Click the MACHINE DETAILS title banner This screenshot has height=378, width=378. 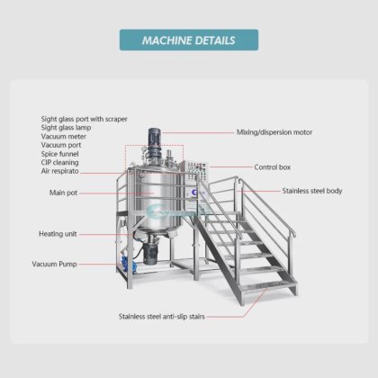click(x=189, y=40)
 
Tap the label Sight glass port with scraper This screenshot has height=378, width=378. click(x=85, y=119)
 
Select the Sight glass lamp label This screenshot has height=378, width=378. click(x=66, y=128)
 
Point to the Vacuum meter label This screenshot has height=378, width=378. click(x=64, y=137)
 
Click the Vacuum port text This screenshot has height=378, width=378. click(x=61, y=145)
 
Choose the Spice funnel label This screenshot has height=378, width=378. click(x=60, y=154)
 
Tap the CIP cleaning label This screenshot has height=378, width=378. click(x=60, y=163)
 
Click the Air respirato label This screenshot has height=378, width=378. click(x=60, y=171)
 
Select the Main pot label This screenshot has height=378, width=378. click(x=63, y=193)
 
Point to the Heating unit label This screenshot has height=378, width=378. click(x=58, y=234)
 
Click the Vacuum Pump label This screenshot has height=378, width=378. click(x=55, y=264)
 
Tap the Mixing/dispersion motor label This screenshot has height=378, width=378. click(x=274, y=132)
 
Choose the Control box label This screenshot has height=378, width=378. click(x=273, y=167)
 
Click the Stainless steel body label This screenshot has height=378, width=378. click(x=312, y=191)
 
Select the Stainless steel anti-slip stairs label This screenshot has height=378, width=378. click(x=162, y=317)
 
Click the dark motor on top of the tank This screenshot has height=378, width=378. click(x=155, y=142)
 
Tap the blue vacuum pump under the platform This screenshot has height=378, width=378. click(x=129, y=264)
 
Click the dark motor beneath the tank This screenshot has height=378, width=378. click(x=150, y=252)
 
